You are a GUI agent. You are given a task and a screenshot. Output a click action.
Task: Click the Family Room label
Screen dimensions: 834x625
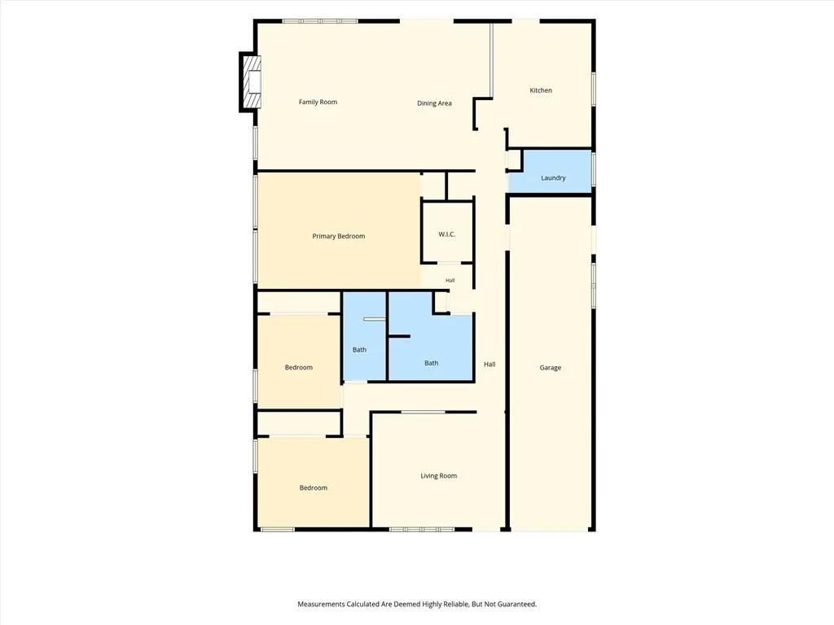tap(318, 102)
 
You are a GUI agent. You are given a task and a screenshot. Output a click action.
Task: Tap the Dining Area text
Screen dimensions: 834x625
tap(434, 103)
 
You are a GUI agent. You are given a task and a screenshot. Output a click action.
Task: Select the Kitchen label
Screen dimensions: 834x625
tap(541, 90)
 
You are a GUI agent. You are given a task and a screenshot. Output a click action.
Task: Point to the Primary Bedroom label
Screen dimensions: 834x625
tap(338, 236)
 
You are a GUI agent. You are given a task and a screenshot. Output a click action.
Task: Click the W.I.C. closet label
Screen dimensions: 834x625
tap(447, 234)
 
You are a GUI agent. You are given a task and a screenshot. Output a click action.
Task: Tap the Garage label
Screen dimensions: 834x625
tap(550, 368)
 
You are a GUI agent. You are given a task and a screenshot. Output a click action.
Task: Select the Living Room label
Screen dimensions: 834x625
tap(438, 475)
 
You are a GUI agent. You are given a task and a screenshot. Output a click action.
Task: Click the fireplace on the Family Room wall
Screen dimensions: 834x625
tap(251, 82)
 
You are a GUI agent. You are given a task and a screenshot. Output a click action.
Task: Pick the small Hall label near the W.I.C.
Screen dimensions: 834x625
tap(450, 281)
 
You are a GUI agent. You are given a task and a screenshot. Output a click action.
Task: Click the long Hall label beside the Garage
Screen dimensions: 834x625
tap(489, 364)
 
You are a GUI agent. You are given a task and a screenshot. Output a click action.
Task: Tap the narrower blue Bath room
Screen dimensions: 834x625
tap(364, 336)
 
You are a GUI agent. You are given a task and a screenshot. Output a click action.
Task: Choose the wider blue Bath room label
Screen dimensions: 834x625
tap(431, 363)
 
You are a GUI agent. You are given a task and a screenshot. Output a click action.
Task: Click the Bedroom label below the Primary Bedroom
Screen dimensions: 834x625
tap(298, 367)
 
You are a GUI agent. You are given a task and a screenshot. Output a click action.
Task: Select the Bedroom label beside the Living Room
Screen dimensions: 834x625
tap(313, 488)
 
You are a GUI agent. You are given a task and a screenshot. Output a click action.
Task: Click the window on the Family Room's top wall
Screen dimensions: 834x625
tap(319, 21)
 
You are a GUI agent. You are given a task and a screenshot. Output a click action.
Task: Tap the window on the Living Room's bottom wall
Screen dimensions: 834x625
tap(422, 529)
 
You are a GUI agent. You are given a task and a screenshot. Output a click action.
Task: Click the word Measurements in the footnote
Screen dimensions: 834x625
tap(321, 605)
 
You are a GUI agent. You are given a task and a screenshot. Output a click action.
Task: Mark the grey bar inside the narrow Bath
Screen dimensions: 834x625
tap(375, 319)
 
